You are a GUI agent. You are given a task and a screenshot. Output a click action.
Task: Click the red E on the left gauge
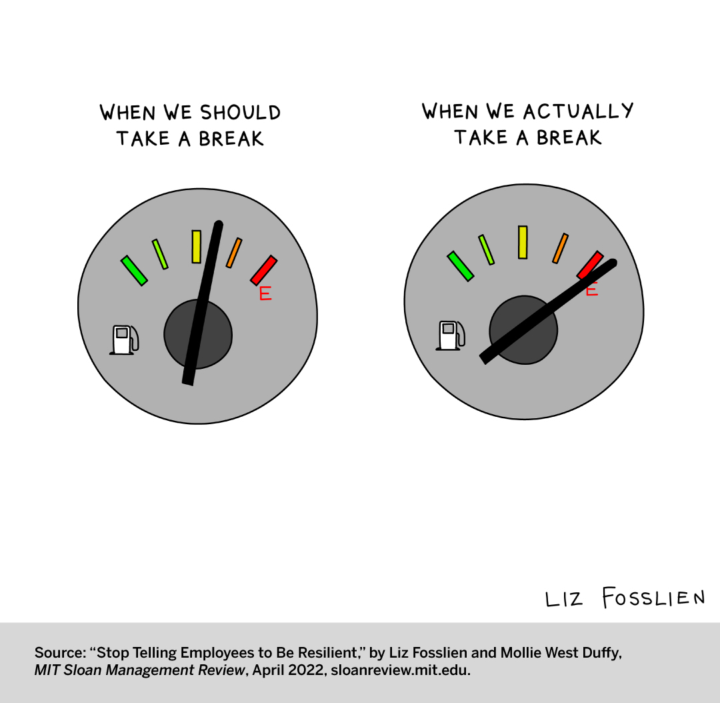(265, 293)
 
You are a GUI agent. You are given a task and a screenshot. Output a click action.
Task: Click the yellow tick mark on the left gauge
(196, 246)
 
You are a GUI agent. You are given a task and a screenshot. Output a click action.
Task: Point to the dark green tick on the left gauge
(133, 270)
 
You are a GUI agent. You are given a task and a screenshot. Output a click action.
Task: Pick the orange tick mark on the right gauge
(561, 248)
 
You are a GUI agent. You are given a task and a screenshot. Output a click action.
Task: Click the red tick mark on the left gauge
(263, 269)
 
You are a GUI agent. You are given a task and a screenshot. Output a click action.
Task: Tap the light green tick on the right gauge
(486, 249)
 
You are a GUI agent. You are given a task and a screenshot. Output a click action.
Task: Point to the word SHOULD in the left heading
(241, 112)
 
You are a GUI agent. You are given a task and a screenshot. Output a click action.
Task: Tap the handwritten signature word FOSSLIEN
(653, 598)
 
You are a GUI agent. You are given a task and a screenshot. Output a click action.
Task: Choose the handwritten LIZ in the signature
(563, 599)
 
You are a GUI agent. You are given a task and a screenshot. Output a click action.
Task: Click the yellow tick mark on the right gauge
(523, 242)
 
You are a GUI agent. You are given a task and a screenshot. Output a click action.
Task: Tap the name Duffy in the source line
(601, 653)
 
